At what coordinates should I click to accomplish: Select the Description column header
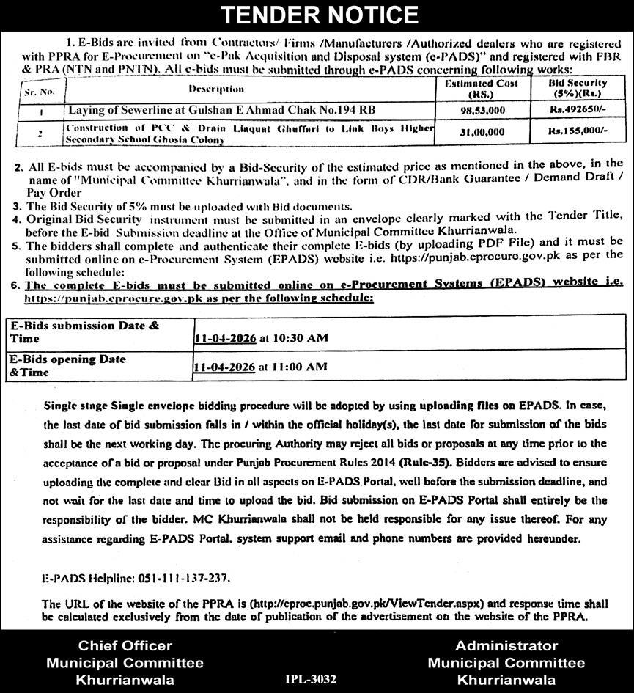[216, 89]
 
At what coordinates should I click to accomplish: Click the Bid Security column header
[578, 89]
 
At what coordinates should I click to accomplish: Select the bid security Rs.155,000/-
[578, 133]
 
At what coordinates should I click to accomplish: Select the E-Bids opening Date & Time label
[67, 365]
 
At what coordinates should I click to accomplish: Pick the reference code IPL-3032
[312, 679]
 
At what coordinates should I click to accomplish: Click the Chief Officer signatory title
[125, 646]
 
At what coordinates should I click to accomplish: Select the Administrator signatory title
[506, 646]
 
